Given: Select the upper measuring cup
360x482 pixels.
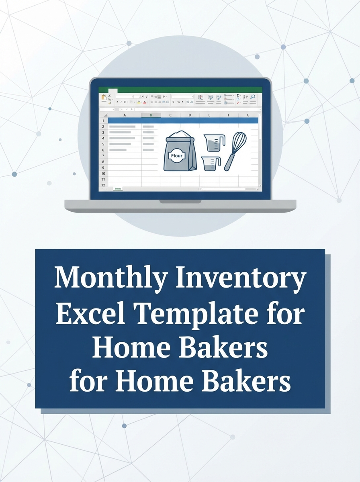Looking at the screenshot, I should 214,143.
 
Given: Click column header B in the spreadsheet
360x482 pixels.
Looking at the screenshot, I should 151,115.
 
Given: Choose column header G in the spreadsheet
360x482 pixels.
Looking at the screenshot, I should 248,115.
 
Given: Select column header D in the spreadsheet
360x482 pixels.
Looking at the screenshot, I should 190,115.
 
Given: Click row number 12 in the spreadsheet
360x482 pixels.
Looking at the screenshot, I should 103,185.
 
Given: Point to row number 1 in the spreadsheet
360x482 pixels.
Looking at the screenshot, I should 103,120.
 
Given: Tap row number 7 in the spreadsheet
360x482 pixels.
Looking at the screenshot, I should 103,155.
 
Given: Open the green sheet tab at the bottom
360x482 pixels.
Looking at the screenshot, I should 118,188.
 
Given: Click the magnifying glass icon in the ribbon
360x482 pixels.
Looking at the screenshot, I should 253,97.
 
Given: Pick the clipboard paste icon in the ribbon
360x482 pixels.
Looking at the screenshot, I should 104,97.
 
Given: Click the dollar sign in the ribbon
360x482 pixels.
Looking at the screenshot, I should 173,102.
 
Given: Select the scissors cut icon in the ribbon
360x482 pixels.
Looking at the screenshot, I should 109,95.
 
